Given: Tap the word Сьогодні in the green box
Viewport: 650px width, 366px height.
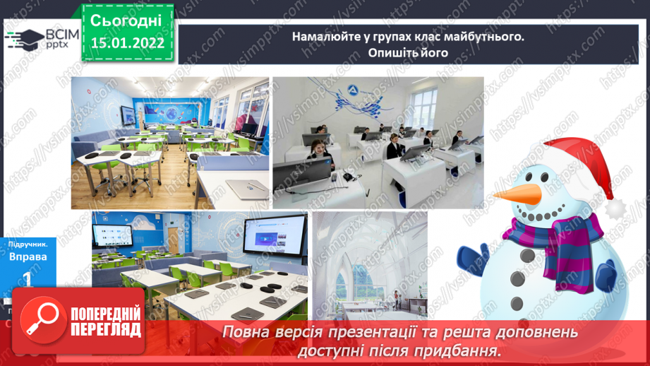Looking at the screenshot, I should [126, 20].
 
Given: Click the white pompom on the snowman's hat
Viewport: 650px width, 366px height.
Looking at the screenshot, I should [616, 207].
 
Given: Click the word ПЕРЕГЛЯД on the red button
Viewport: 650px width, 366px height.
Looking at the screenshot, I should [106, 330].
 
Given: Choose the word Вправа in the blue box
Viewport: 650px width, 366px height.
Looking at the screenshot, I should [28, 256].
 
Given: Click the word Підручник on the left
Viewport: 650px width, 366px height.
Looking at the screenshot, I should [28, 242].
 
